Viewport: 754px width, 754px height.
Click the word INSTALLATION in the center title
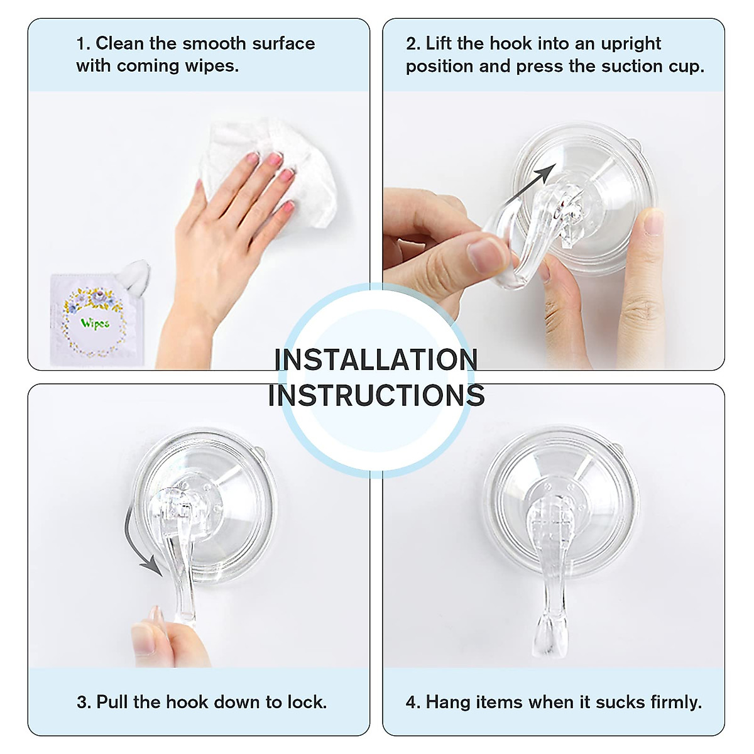coord(376,360)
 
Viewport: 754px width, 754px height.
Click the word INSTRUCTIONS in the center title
coord(376,396)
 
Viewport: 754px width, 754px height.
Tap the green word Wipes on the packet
coord(95,324)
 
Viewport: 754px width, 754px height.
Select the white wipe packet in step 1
coord(94,319)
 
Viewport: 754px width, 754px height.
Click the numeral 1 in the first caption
coord(80,44)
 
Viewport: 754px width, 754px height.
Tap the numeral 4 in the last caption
coord(410,702)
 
